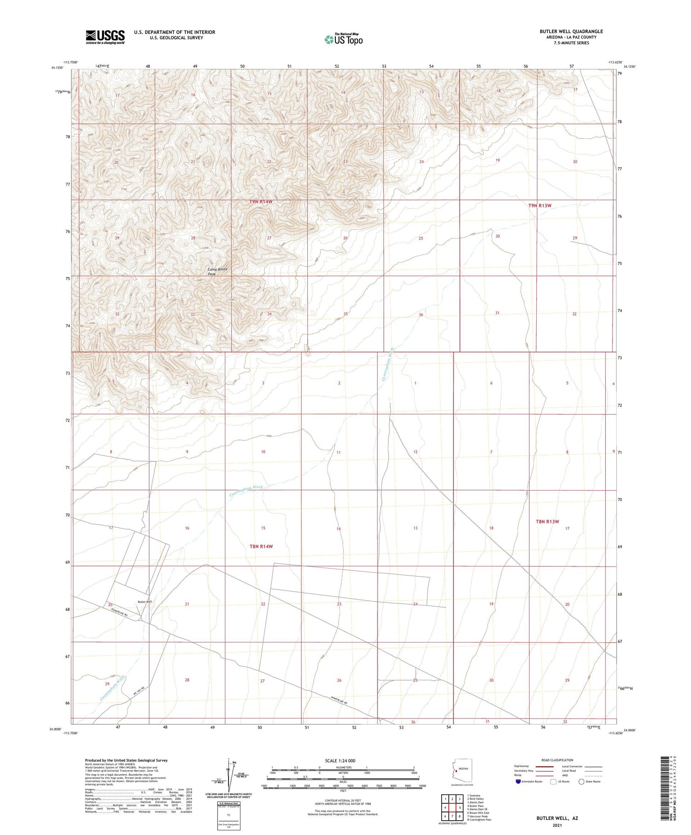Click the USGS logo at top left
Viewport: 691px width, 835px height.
click(105, 37)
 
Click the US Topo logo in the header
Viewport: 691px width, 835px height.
click(343, 40)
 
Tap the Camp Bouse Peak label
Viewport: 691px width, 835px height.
click(217, 271)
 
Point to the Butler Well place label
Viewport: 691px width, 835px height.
click(144, 601)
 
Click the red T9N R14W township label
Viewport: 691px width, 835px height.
click(264, 202)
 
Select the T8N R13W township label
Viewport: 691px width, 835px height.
click(547, 521)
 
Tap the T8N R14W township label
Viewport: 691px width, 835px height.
click(261, 546)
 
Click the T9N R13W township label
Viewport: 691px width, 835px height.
click(539, 205)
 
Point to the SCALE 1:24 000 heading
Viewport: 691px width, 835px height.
click(340, 760)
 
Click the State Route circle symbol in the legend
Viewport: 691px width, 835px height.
click(581, 781)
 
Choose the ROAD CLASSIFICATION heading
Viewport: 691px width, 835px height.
click(557, 760)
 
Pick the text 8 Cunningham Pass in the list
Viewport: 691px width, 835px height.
click(479, 819)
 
